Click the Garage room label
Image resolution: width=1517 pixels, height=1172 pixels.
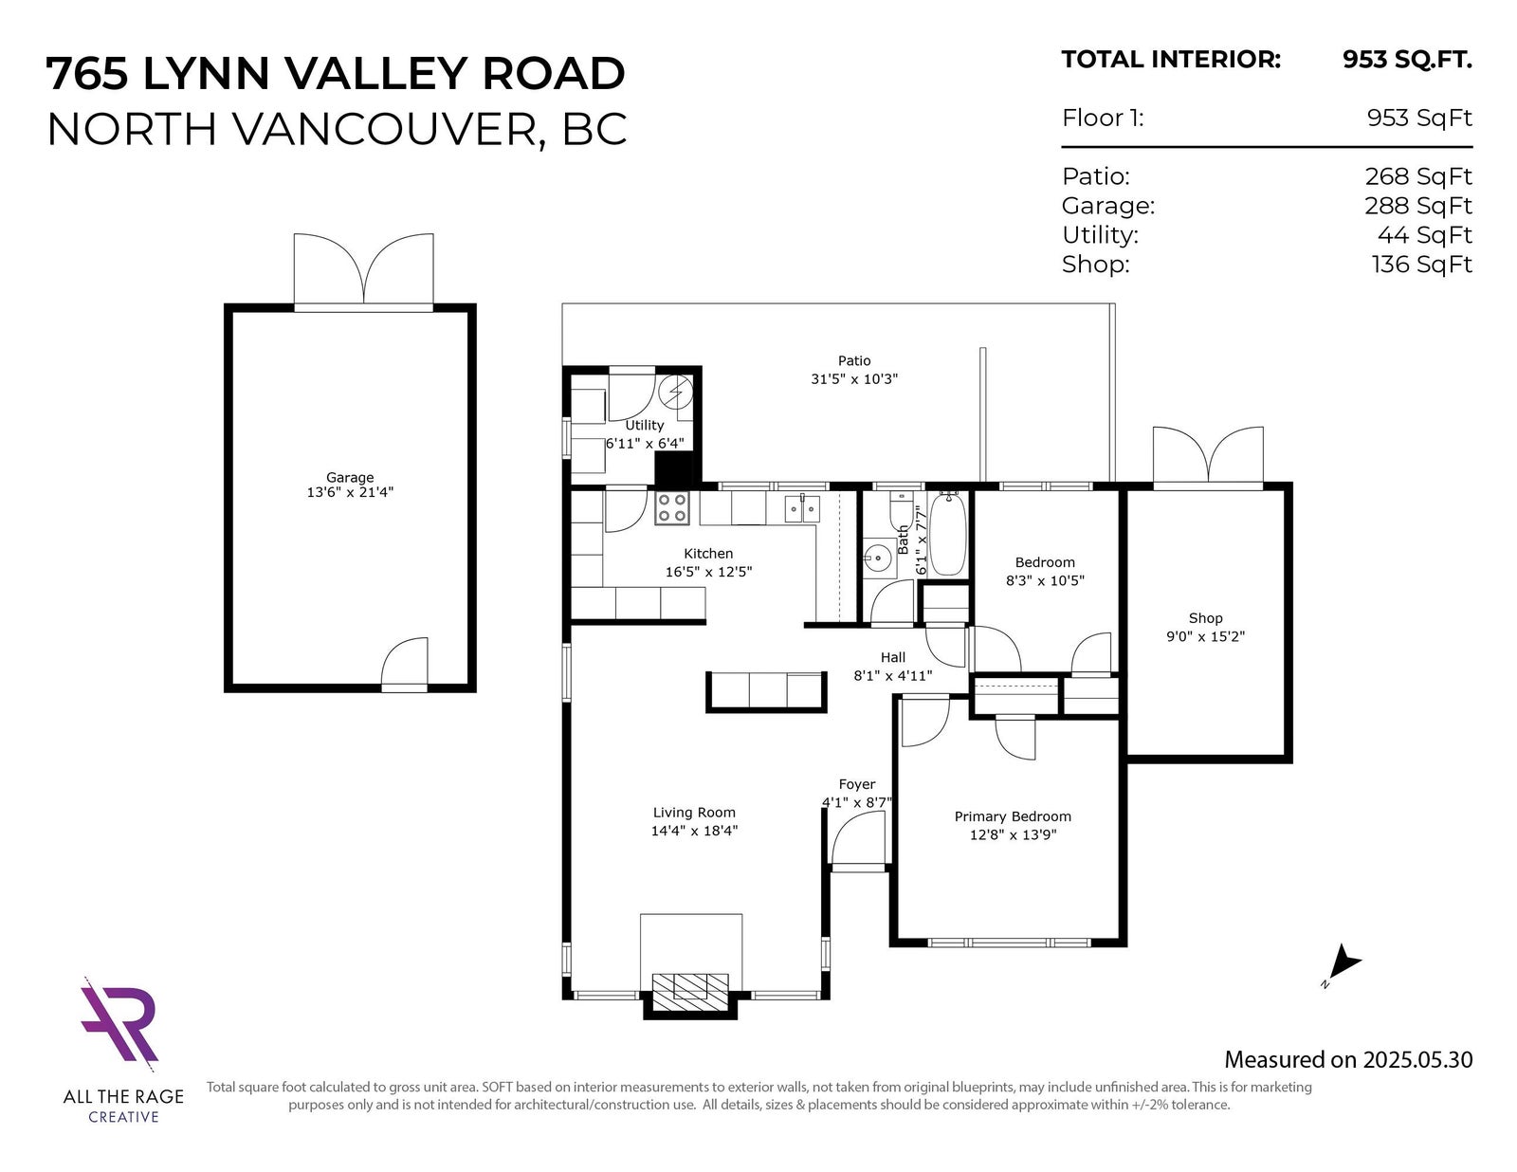pyautogui.click(x=350, y=478)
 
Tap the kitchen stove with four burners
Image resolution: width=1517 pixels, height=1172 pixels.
pyautogui.click(x=672, y=508)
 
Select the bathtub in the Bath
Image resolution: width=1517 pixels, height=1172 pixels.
pyautogui.click(x=948, y=534)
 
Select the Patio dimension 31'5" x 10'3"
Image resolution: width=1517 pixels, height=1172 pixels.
pyautogui.click(x=854, y=379)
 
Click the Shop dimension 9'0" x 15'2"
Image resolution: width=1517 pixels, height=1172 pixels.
pyautogui.click(x=1206, y=636)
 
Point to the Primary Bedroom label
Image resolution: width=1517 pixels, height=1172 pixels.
pyautogui.click(x=1013, y=816)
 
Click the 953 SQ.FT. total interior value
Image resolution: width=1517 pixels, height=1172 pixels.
pyautogui.click(x=1407, y=60)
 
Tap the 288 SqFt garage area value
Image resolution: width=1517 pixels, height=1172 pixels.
pyautogui.click(x=1418, y=206)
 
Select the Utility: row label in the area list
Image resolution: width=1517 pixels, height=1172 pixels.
pyautogui.click(x=1100, y=236)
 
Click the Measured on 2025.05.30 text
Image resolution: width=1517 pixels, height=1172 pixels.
pyautogui.click(x=1348, y=1059)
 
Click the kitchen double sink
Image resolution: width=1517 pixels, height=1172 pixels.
pyautogui.click(x=801, y=508)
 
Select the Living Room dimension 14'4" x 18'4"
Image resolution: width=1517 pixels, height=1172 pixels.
pyautogui.click(x=694, y=831)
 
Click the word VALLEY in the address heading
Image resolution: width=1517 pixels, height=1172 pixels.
pyautogui.click(x=375, y=73)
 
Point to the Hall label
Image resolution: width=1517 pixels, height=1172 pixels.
pyautogui.click(x=893, y=657)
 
